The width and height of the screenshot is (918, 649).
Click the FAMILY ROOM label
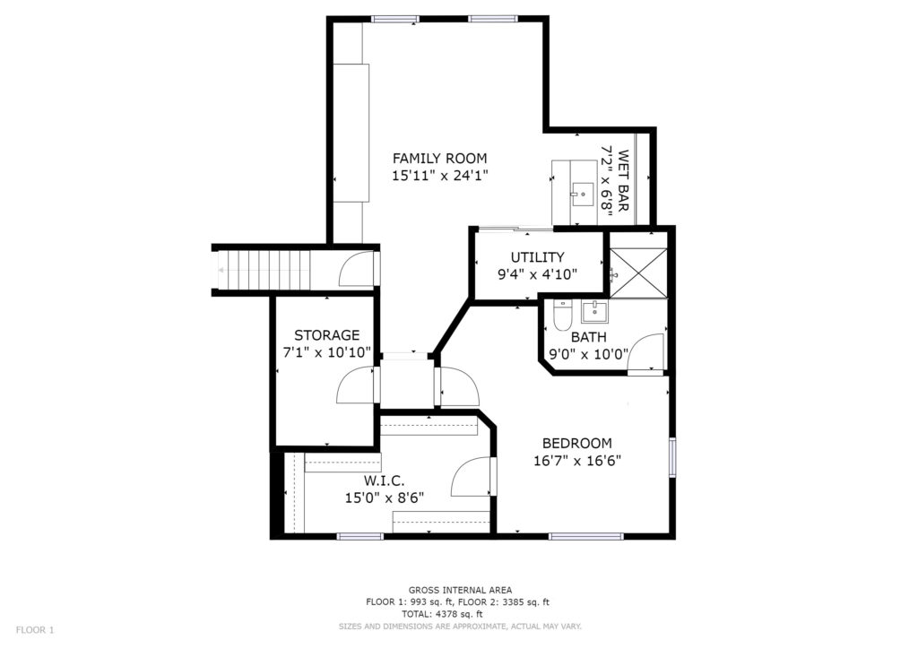tap(439, 159)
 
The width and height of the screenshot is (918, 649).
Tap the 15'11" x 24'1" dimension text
tap(439, 175)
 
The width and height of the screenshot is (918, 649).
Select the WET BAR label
tap(623, 181)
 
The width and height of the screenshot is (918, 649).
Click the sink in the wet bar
tap(583, 195)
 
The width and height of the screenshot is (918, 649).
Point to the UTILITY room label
tap(538, 257)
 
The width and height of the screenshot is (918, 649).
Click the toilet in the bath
tap(562, 316)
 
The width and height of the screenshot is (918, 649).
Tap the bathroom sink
tap(594, 311)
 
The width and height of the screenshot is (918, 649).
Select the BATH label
tap(588, 338)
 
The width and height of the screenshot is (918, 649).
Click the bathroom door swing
tap(645, 352)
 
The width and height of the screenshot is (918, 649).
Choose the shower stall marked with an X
tap(638, 273)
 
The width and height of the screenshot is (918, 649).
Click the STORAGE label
tap(326, 335)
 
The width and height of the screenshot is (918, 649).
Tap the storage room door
tap(355, 385)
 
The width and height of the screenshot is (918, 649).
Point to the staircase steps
tap(264, 270)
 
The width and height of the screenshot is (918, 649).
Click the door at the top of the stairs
tap(357, 269)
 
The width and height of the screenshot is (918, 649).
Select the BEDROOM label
tap(576, 444)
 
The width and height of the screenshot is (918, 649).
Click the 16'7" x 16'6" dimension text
tap(577, 461)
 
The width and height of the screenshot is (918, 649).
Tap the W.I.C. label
tap(384, 481)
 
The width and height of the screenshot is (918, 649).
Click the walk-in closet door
tap(472, 477)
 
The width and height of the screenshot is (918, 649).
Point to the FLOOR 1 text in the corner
tap(35, 630)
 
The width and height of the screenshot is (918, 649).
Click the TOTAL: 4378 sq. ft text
tap(442, 614)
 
